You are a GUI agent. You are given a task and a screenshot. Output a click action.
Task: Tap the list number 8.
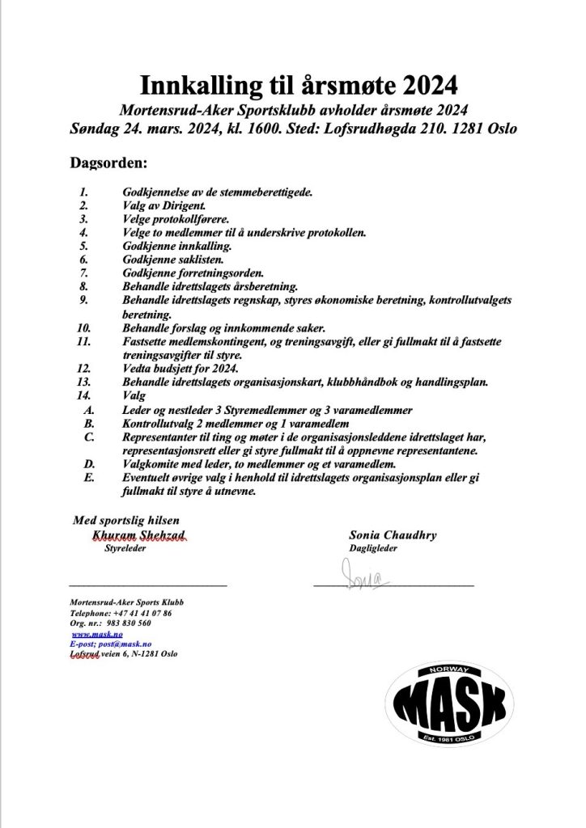pos(83,286)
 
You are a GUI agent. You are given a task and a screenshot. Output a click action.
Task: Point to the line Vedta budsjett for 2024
pos(178,369)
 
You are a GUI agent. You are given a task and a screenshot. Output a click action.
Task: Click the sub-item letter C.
pos(89,437)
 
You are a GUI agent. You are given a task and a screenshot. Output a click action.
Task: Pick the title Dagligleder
pos(373,549)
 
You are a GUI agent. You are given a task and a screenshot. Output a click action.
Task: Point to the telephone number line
pos(121,613)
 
